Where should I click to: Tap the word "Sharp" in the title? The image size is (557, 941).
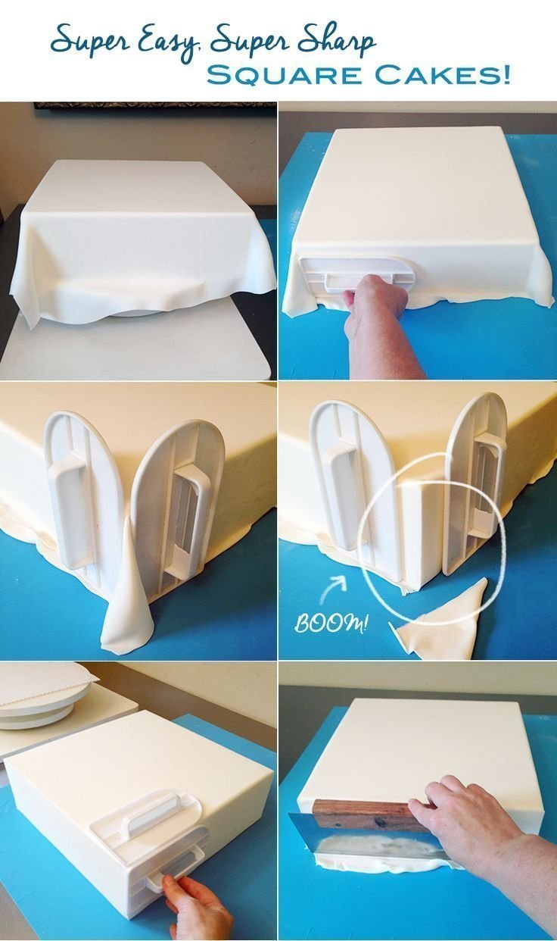[x=337, y=39]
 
